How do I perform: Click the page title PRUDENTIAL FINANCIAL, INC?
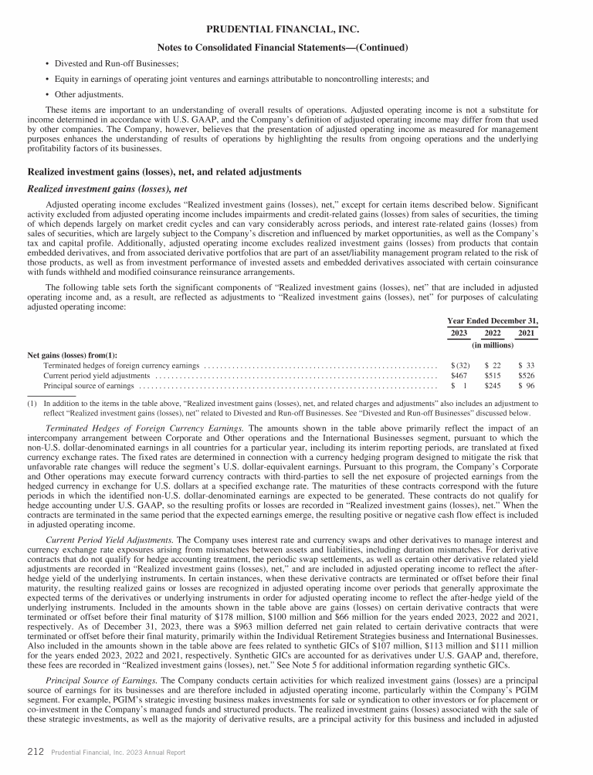tap(296, 29)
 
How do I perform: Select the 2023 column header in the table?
tap(458, 333)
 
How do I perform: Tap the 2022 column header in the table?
tap(492, 333)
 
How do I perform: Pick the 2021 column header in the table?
tap(527, 333)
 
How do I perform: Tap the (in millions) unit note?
tap(493, 345)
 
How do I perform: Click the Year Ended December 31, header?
tap(493, 320)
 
